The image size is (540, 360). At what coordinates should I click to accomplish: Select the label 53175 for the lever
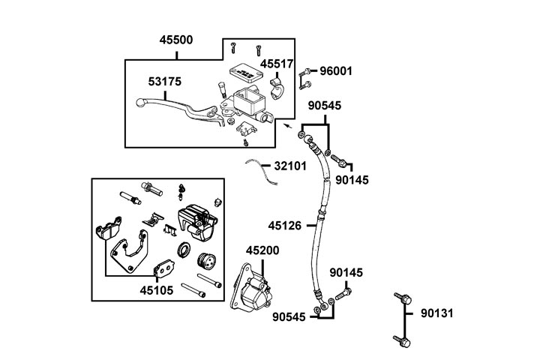(x=164, y=80)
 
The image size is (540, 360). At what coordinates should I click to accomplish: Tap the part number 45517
(x=277, y=64)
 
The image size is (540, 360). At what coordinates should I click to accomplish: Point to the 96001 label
(x=336, y=71)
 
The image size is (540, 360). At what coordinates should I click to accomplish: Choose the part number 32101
(x=289, y=166)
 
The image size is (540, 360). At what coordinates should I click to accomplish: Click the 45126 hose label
(x=286, y=224)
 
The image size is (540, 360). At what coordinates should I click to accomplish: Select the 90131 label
(x=437, y=312)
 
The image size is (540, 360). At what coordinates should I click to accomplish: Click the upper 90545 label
(x=325, y=106)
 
